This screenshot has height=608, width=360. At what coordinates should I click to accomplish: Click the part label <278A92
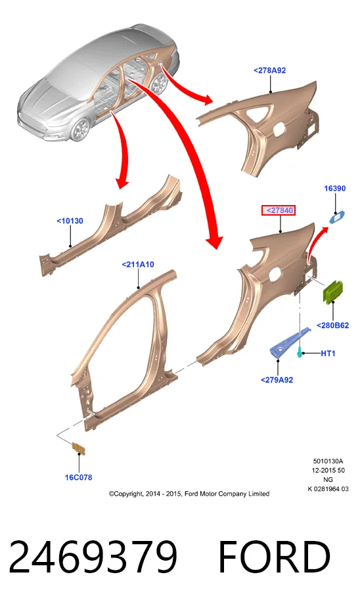(x=270, y=70)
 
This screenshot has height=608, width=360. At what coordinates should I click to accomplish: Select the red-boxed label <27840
(x=279, y=210)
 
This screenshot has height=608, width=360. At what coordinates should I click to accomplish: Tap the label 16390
(x=335, y=189)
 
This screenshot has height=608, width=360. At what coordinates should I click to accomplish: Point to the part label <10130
(x=70, y=221)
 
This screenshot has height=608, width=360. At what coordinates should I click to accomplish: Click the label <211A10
(x=138, y=264)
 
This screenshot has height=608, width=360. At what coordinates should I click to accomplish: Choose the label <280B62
(x=332, y=325)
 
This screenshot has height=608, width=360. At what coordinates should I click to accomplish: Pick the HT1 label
(x=328, y=353)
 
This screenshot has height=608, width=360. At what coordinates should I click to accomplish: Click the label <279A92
(x=277, y=380)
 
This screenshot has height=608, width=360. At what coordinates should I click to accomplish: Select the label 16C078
(x=78, y=477)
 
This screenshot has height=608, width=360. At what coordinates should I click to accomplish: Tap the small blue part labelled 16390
(x=336, y=217)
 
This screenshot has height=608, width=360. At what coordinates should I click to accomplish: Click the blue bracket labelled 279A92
(x=288, y=342)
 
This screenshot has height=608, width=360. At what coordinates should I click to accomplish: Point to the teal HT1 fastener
(x=300, y=352)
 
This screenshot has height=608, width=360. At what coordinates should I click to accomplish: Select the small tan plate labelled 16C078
(x=79, y=449)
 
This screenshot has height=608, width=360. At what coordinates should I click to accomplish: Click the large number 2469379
(x=93, y=557)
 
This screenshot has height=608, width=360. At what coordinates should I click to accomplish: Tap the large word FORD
(x=275, y=557)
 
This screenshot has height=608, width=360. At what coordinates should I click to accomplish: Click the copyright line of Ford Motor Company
(x=189, y=494)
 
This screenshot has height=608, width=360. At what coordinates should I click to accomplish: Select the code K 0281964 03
(x=328, y=488)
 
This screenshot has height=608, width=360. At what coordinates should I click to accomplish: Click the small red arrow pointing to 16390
(x=316, y=243)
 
